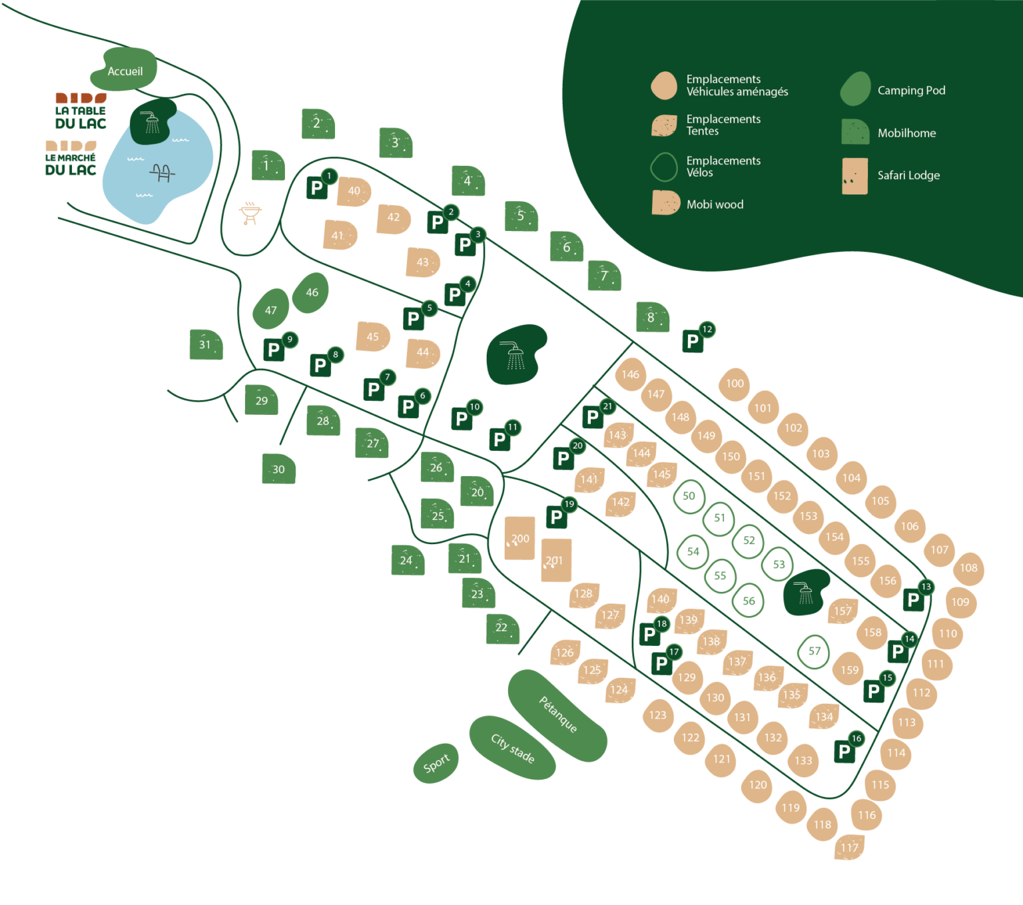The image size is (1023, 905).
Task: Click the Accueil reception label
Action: tap(125, 71)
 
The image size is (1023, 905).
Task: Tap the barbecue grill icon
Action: tap(250, 213)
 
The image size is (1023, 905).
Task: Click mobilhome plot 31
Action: tap(205, 344)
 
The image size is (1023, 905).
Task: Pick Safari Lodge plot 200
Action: tap(519, 538)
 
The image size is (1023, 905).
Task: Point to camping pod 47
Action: tap(270, 310)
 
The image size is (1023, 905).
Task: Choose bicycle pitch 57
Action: tap(814, 651)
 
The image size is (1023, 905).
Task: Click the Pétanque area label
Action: tap(557, 715)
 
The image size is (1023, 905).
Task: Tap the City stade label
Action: tap(512, 748)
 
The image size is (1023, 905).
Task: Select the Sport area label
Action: tap(436, 763)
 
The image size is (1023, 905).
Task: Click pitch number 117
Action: tap(849, 847)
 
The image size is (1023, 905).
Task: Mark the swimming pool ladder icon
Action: tap(162, 173)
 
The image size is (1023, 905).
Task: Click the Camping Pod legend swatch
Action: tap(855, 90)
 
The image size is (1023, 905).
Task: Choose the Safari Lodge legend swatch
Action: tap(854, 176)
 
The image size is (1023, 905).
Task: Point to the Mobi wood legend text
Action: tap(715, 204)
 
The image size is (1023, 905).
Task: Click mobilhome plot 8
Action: tap(651, 318)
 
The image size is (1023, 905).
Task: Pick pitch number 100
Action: tap(735, 384)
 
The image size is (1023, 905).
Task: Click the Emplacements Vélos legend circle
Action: tap(664, 166)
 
